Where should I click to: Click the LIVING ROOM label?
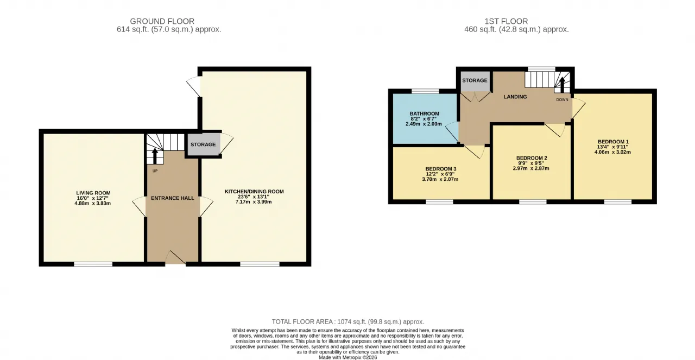click(x=93, y=193)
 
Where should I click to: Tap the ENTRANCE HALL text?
click(x=173, y=198)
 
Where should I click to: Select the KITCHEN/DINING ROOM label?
click(x=254, y=192)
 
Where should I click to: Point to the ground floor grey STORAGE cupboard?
click(x=203, y=144)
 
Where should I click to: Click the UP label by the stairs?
click(x=155, y=171)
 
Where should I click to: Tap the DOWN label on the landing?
click(x=562, y=99)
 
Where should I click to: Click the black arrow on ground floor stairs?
click(x=155, y=156)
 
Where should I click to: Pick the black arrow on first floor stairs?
click(x=562, y=85)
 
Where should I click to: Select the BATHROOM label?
click(x=424, y=113)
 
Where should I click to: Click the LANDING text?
click(x=515, y=97)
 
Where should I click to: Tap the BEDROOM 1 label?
click(x=613, y=142)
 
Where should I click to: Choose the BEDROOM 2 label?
click(x=532, y=158)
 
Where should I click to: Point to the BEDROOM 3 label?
click(x=440, y=169)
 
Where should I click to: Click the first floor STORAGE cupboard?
click(x=475, y=81)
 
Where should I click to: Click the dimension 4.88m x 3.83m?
click(x=92, y=203)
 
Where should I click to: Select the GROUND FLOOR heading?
click(x=162, y=21)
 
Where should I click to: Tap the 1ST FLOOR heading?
click(x=506, y=21)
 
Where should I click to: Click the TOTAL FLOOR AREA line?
click(x=348, y=321)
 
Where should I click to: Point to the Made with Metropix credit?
click(x=348, y=357)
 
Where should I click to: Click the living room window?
click(x=93, y=264)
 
